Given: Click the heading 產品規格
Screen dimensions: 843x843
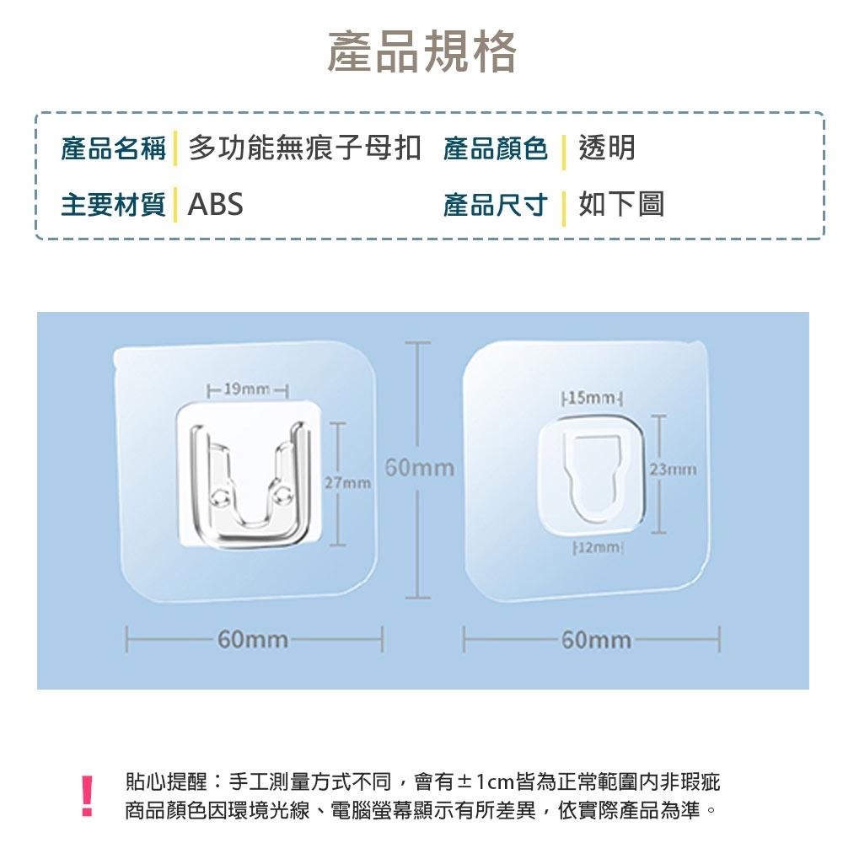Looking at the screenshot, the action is click(422, 51).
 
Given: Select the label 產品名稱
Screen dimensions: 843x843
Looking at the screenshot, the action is click(114, 148).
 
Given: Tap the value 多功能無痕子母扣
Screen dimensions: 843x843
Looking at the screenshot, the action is click(304, 148).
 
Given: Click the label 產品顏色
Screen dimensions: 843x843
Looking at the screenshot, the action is click(495, 148).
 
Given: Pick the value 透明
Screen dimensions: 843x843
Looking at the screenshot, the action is click(607, 148).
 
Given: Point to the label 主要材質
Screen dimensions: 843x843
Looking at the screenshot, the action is click(114, 205).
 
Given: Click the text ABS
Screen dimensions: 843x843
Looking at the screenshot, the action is click(215, 204).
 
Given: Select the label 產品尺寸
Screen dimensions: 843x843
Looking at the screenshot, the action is click(495, 205).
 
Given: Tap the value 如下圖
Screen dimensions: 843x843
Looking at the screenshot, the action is click(621, 204).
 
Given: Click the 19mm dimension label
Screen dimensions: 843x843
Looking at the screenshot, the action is click(247, 389).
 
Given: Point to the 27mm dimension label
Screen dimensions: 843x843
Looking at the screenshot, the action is click(348, 483).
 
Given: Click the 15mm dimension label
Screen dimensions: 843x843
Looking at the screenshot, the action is click(592, 398).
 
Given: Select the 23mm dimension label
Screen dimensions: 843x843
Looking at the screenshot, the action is click(673, 470).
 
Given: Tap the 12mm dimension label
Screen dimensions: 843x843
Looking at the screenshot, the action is click(599, 547).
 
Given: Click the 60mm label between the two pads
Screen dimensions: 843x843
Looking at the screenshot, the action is click(420, 467).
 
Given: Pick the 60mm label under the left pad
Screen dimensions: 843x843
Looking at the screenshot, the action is click(253, 639).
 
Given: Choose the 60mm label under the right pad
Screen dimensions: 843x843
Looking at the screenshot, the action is click(596, 640).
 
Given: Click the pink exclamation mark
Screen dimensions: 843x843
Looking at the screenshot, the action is click(87, 797).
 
